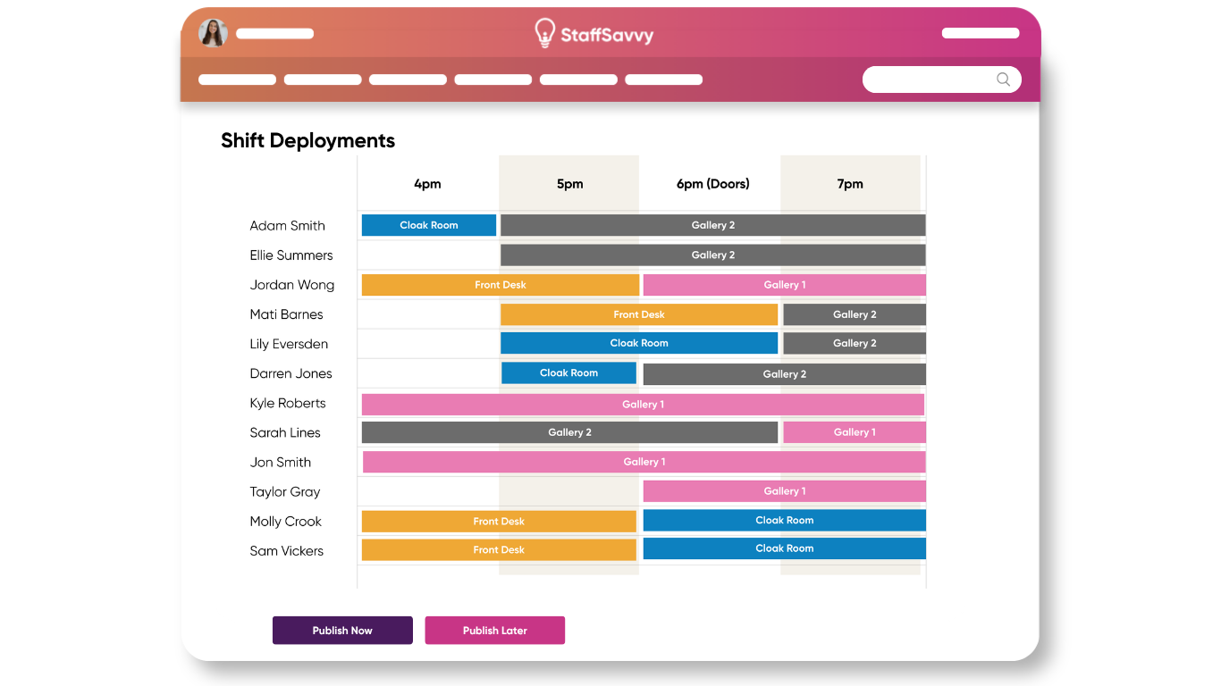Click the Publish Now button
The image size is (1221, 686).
[x=342, y=630]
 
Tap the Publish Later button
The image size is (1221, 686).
[x=495, y=630]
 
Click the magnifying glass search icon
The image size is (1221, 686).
[x=1003, y=79]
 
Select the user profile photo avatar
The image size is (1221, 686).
[x=213, y=33]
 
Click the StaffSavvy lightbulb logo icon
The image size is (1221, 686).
[x=544, y=33]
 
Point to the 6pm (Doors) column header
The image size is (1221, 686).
[x=713, y=184]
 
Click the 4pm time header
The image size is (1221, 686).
[x=427, y=184]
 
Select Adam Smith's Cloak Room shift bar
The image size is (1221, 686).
[x=429, y=225]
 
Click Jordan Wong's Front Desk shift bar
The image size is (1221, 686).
[x=501, y=284]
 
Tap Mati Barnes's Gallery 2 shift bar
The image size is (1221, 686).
[x=855, y=314]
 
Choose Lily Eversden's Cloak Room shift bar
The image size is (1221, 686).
[x=639, y=343]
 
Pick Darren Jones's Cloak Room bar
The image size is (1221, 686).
[x=568, y=372]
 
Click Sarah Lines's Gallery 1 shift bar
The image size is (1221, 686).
[x=855, y=432]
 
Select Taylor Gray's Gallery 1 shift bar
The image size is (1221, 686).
[x=785, y=491]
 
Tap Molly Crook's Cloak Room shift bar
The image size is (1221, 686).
[x=785, y=521]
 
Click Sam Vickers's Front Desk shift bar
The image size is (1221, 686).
[x=499, y=549]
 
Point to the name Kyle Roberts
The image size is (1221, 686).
[x=288, y=403]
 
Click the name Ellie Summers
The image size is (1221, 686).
[x=291, y=255]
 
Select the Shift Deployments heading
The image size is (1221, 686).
[x=308, y=140]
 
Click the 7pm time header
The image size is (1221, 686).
[x=850, y=184]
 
